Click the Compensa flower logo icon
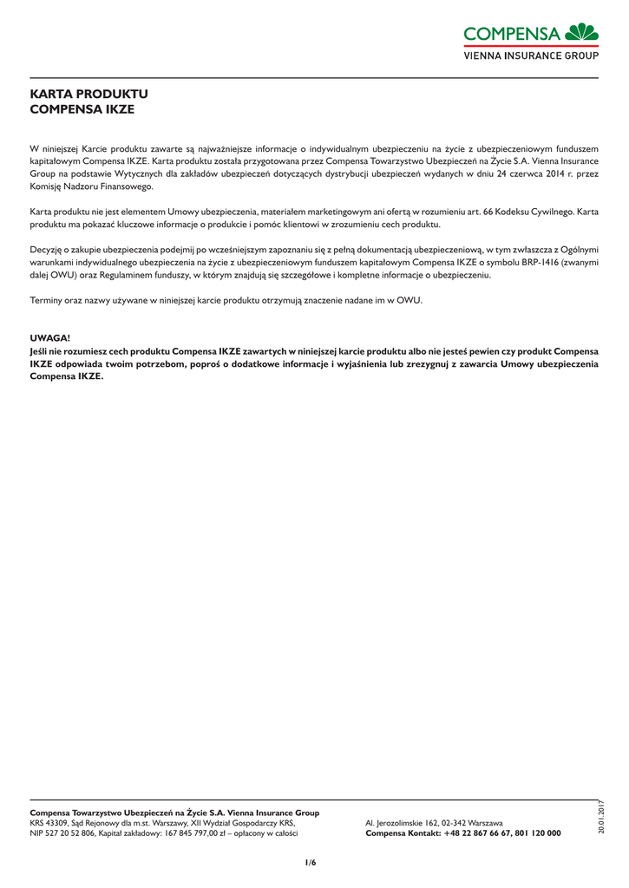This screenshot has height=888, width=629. tap(581, 32)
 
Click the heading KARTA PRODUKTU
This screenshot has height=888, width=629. tap(89, 94)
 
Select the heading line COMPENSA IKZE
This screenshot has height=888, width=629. tap(82, 109)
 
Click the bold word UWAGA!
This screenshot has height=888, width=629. tap(49, 336)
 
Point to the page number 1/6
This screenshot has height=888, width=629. tap(310, 862)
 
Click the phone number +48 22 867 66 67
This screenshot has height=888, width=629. tap(478, 833)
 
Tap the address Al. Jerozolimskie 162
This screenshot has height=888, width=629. tap(405, 823)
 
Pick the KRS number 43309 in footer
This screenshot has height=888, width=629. tap(56, 823)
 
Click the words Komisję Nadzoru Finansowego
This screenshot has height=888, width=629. tap(91, 186)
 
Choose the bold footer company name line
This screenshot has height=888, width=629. tap(174, 813)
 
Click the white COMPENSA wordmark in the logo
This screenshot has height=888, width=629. tap(512, 34)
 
